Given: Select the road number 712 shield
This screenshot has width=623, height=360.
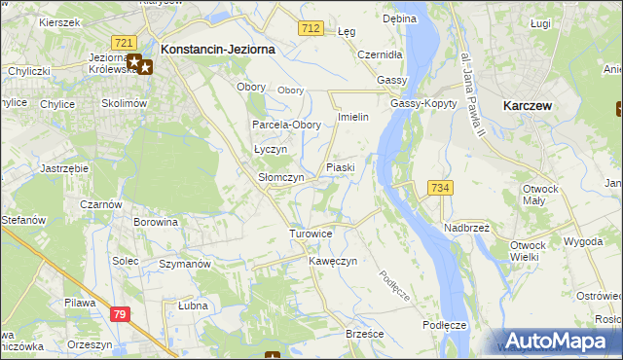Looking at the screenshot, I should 311,30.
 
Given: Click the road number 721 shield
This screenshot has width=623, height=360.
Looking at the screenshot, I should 124,43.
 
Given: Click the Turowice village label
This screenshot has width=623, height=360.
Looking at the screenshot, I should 311,234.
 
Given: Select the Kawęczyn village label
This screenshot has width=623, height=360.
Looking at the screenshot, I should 334,262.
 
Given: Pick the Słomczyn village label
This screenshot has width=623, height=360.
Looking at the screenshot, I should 280,178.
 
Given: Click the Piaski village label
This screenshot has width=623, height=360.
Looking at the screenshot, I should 341,167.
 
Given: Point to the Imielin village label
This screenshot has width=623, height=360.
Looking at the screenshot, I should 351,118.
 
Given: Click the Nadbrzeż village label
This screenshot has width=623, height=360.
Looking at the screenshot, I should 466,228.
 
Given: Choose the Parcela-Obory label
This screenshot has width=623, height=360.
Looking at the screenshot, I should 286,126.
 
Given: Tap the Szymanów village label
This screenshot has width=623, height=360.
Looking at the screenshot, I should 185,265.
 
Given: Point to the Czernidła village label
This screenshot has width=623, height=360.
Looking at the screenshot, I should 381,55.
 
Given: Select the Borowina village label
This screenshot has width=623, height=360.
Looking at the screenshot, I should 157,223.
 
